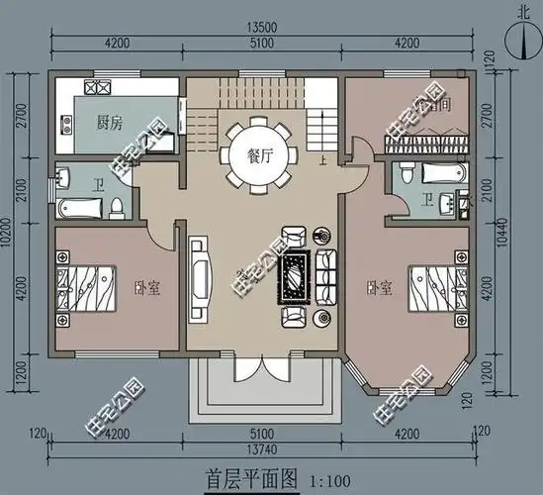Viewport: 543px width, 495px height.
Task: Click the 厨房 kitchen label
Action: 109,124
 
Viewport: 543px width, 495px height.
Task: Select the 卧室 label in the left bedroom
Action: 147,288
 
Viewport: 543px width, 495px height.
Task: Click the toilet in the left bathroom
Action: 116,206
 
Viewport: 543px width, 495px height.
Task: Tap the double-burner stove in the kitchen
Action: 98,88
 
